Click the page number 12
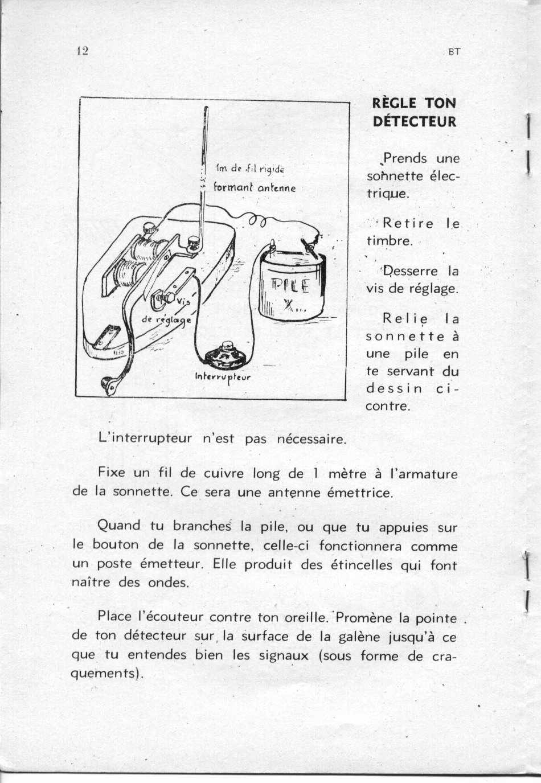coord(82,51)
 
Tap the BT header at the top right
coord(454,52)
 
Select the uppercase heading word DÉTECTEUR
coord(414,121)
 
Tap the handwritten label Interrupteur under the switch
coord(222,376)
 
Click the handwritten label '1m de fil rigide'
coord(250,169)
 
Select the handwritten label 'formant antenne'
coord(255,187)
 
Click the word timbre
coord(389,241)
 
